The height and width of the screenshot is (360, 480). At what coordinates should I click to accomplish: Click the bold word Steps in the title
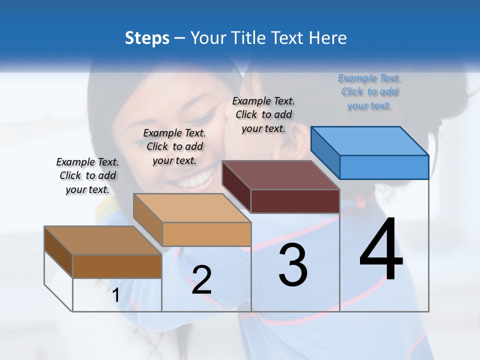(147, 38)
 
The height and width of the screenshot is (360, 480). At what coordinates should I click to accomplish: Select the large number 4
(381, 250)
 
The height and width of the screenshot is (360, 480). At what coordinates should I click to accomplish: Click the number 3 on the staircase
(293, 265)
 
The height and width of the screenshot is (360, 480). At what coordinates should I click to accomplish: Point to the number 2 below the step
(201, 280)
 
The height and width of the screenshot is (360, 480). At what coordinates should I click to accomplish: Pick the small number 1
(116, 295)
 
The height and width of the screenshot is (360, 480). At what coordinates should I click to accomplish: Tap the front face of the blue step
(384, 167)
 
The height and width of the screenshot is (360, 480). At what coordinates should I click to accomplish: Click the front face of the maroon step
(295, 201)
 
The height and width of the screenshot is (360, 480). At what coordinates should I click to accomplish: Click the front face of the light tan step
(206, 234)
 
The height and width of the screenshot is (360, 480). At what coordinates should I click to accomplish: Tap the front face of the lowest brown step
(117, 266)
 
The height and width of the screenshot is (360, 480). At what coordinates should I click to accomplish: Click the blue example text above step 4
(369, 92)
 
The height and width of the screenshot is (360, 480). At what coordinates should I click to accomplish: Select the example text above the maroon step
(263, 114)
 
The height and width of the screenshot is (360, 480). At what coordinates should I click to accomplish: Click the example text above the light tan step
(174, 146)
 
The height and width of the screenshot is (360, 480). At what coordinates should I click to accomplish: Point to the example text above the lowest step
(87, 175)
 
